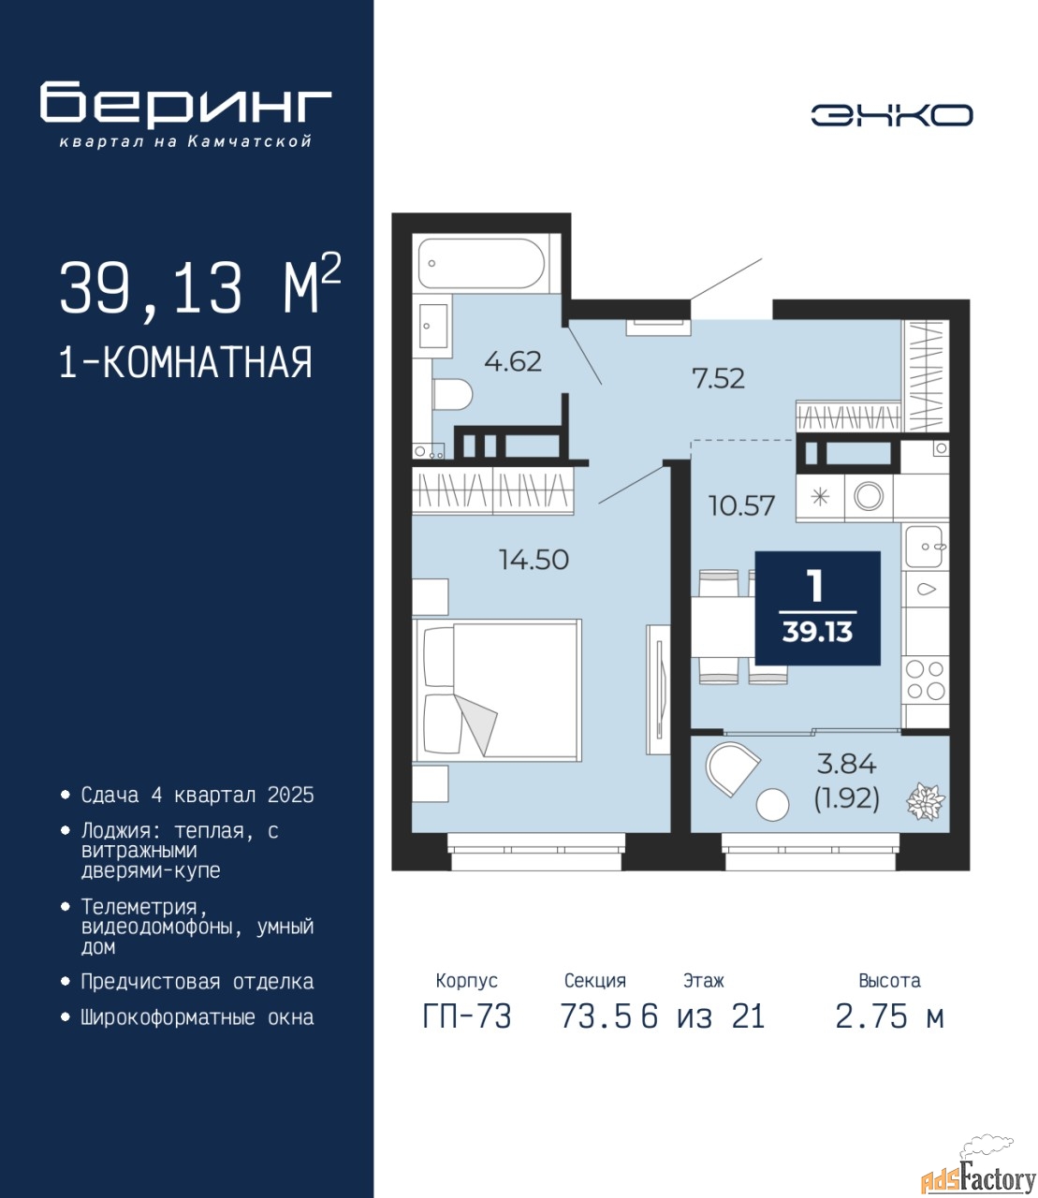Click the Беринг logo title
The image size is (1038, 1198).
click(185, 105)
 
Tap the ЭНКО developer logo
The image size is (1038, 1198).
click(891, 115)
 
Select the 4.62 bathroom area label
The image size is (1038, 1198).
click(513, 361)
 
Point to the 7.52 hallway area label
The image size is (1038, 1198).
click(718, 378)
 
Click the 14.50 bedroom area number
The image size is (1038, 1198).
click(534, 560)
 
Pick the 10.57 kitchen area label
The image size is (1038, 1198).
click(742, 506)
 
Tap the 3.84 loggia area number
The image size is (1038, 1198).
click(847, 764)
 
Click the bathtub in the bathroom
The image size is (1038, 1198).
click(481, 264)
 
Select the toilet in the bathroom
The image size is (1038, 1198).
click(453, 395)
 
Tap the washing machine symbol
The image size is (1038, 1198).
click(869, 497)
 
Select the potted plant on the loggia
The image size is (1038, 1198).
click(925, 802)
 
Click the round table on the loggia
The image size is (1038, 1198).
click(772, 805)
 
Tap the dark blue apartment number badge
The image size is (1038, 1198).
click(818, 608)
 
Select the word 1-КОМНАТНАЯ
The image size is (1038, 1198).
click(186, 363)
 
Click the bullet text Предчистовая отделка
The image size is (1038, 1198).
click(197, 981)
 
